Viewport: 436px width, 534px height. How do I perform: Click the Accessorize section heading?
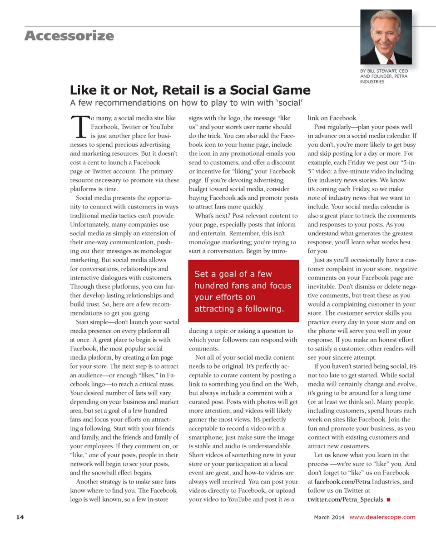tap(69, 35)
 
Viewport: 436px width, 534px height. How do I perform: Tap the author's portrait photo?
tap(386, 37)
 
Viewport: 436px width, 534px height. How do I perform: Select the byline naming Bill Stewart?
tap(384, 76)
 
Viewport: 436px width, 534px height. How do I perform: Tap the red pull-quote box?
tap(243, 291)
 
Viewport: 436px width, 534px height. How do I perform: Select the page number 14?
tap(20, 517)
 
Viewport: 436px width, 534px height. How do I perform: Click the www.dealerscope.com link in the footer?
tap(382, 517)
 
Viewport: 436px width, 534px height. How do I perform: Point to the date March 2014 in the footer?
tap(329, 517)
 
